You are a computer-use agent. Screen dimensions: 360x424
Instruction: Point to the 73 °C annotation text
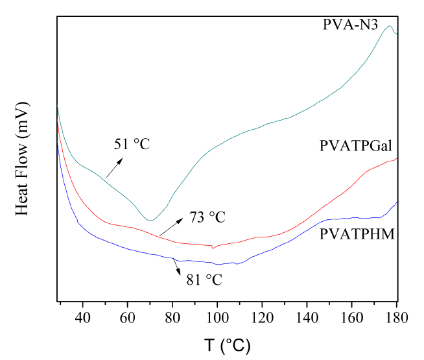point(207,217)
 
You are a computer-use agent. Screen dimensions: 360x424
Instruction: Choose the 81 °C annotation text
point(204,280)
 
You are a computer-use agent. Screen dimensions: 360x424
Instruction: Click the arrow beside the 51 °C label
point(114,169)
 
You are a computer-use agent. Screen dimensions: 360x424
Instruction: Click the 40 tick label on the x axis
point(82,318)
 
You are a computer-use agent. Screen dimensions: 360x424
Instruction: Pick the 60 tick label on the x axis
point(127,318)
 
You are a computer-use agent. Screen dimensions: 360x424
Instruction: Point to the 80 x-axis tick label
point(172,318)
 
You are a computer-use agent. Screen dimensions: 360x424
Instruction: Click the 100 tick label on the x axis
point(217,318)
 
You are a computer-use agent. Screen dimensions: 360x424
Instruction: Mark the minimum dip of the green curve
point(150,221)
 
